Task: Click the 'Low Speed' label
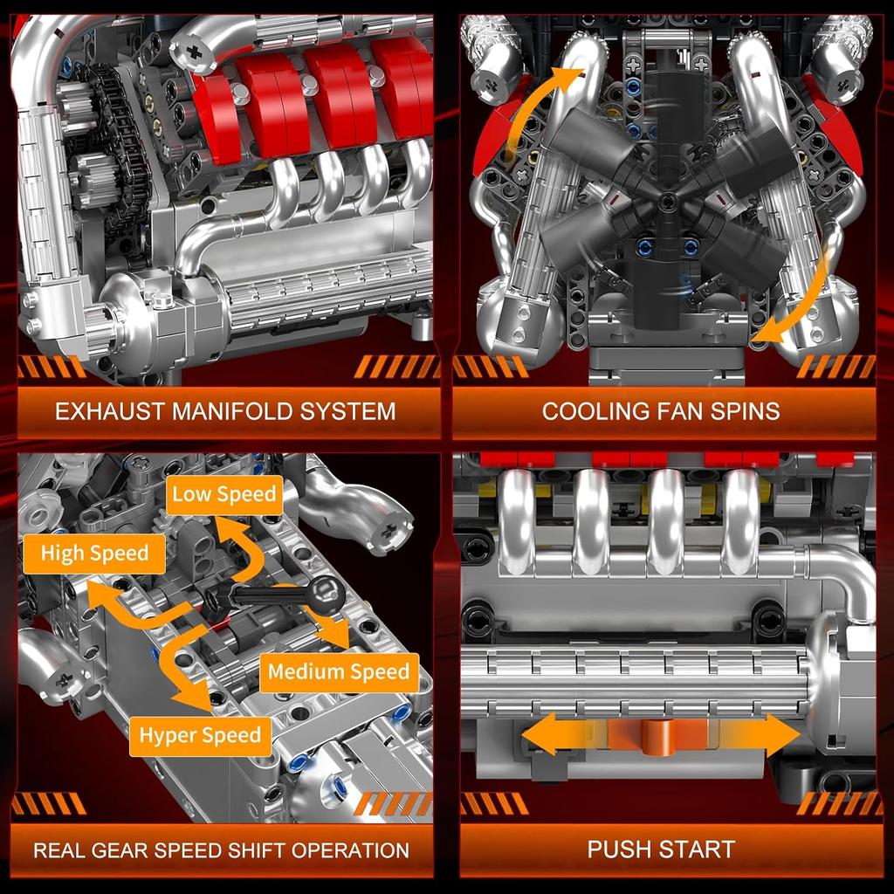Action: coord(223,494)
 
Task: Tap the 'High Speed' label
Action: coord(94,554)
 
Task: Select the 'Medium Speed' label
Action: coord(339,672)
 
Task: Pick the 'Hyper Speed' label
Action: coord(200,735)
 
